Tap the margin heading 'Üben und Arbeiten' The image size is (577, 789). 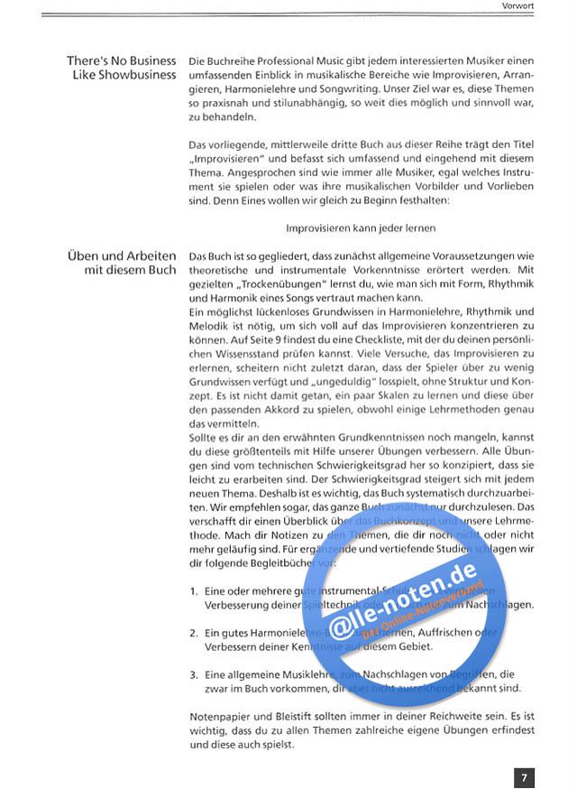(x=121, y=256)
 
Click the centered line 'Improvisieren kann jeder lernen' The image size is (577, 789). (x=361, y=228)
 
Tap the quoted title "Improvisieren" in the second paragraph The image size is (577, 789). (x=225, y=158)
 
